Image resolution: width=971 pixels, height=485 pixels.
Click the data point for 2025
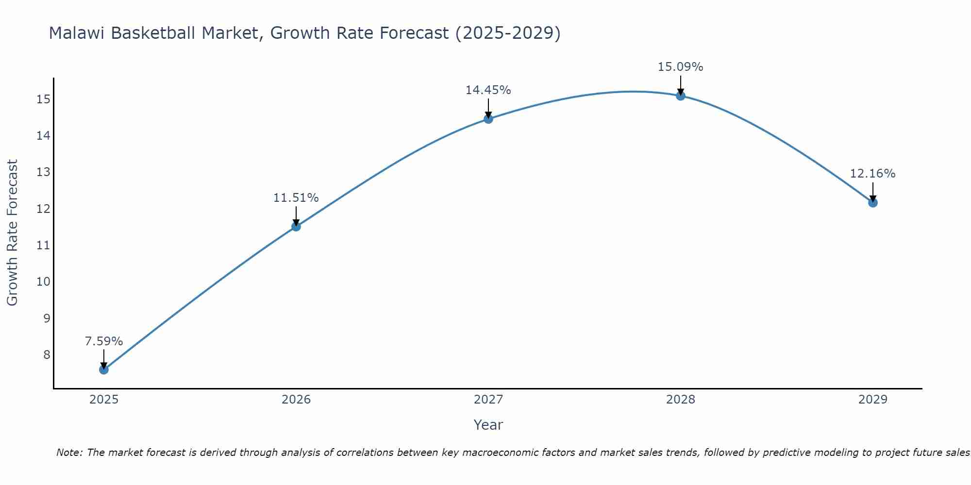tap(104, 370)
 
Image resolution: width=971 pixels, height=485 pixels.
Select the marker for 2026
tap(296, 226)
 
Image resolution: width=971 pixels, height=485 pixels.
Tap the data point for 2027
tap(488, 119)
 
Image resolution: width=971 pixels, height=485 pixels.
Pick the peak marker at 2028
tap(681, 96)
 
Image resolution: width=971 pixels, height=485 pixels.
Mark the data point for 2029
tap(872, 203)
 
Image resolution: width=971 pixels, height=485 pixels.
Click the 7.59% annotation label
tap(104, 341)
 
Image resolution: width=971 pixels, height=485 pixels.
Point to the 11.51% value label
tap(296, 198)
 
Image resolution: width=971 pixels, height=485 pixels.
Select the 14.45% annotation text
tap(488, 90)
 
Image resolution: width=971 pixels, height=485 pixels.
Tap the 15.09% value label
tap(681, 67)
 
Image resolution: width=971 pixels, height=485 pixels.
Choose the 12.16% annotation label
tap(872, 174)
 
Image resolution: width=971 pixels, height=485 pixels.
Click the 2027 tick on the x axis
tap(488, 400)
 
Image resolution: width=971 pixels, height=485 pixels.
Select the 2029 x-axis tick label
tap(872, 400)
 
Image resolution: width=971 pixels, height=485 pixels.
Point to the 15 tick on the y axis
tap(44, 99)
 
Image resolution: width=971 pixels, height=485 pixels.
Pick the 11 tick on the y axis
tap(44, 245)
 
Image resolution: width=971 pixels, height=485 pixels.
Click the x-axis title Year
tap(488, 425)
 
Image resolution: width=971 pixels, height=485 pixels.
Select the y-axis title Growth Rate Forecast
tap(13, 233)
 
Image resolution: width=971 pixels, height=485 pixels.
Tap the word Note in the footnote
tap(69, 453)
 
